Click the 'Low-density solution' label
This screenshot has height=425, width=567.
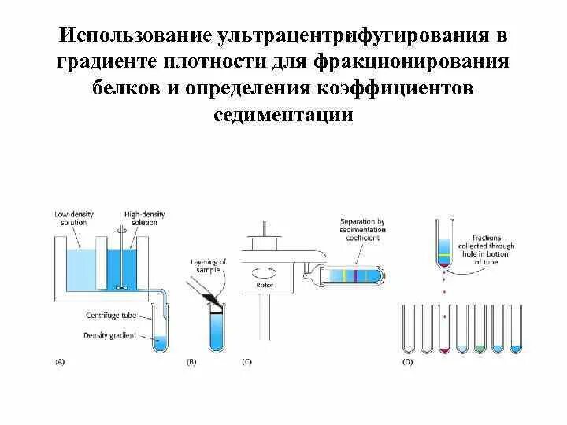click(x=71, y=218)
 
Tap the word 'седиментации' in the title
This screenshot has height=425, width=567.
click(x=283, y=114)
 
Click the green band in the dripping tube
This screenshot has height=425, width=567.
click(x=445, y=255)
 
